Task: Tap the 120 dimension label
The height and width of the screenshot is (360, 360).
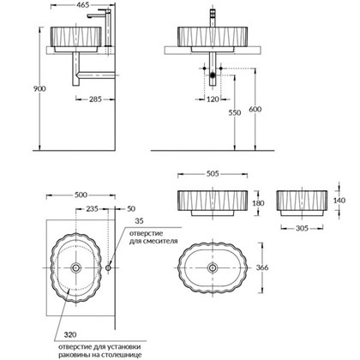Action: pos(213,99)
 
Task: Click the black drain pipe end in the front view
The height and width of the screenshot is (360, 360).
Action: pos(211,75)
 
